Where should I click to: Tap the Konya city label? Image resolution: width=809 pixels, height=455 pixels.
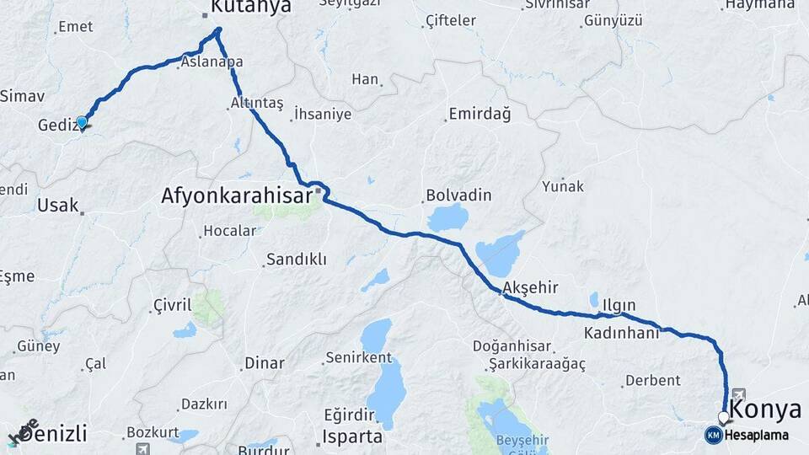[765, 410]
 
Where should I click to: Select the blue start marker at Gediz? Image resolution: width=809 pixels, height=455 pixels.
[82, 123]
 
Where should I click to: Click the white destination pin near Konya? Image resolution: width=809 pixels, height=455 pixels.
[723, 418]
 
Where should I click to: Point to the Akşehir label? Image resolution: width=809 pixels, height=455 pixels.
[530, 288]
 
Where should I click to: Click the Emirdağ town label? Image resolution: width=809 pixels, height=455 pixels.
[480, 115]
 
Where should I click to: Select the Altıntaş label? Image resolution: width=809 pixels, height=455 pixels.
[257, 104]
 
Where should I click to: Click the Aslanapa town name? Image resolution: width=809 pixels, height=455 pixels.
[213, 62]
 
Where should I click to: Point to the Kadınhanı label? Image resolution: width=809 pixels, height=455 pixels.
[622, 333]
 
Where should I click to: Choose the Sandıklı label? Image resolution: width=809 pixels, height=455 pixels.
[296, 260]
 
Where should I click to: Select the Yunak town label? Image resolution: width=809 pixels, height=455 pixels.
[563, 186]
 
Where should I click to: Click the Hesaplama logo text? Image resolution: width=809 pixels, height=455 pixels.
[758, 435]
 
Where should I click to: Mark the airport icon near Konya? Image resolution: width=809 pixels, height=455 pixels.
[739, 393]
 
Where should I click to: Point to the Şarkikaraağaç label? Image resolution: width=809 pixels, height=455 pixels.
[537, 363]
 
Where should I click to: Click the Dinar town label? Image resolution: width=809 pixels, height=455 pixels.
[264, 363]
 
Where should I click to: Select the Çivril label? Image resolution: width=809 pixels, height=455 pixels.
[173, 304]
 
